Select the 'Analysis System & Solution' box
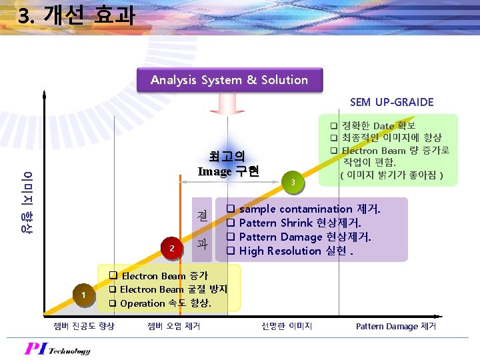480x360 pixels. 229,80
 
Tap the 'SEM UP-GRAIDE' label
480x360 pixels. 391,102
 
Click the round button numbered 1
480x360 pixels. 83,295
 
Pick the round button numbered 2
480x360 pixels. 172,248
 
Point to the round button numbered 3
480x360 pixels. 291,182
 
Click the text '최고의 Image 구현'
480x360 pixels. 228,164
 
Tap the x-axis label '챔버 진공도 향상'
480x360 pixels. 83,326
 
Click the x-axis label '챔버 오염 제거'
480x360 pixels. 173,326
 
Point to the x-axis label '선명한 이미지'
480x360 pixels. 287,326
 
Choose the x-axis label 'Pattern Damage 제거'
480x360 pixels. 396,326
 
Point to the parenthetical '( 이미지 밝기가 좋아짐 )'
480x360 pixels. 391,175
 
